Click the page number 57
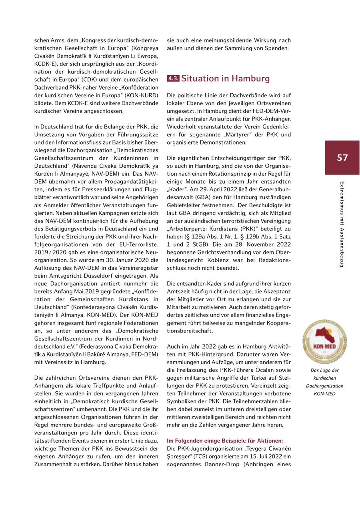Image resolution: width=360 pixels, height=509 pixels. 342,158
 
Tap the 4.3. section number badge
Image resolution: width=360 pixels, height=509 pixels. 173,78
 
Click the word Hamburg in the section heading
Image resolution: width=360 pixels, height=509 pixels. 251,78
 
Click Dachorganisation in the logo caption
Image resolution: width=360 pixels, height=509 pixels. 324,386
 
